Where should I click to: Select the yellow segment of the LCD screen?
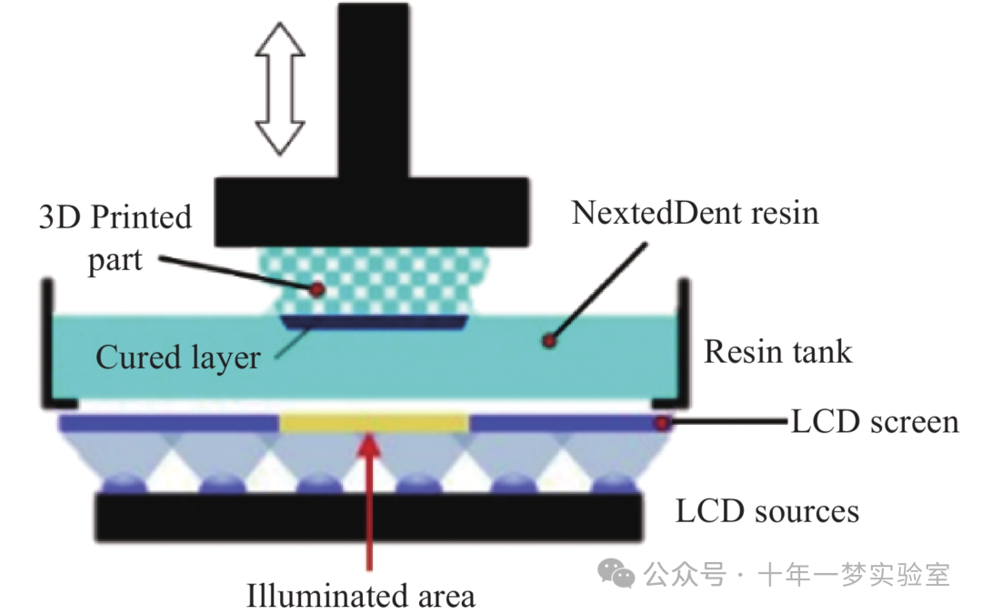(x=374, y=423)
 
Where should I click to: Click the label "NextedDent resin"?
(x=695, y=213)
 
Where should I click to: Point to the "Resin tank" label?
(x=778, y=351)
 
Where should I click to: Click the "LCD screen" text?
(x=875, y=422)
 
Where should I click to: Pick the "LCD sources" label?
(x=767, y=511)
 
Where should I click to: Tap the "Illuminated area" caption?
(x=361, y=597)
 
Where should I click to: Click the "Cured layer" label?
(x=178, y=357)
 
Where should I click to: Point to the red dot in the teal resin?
(x=547, y=341)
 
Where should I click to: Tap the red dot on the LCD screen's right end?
(x=663, y=423)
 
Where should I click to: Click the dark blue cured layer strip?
(x=374, y=322)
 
